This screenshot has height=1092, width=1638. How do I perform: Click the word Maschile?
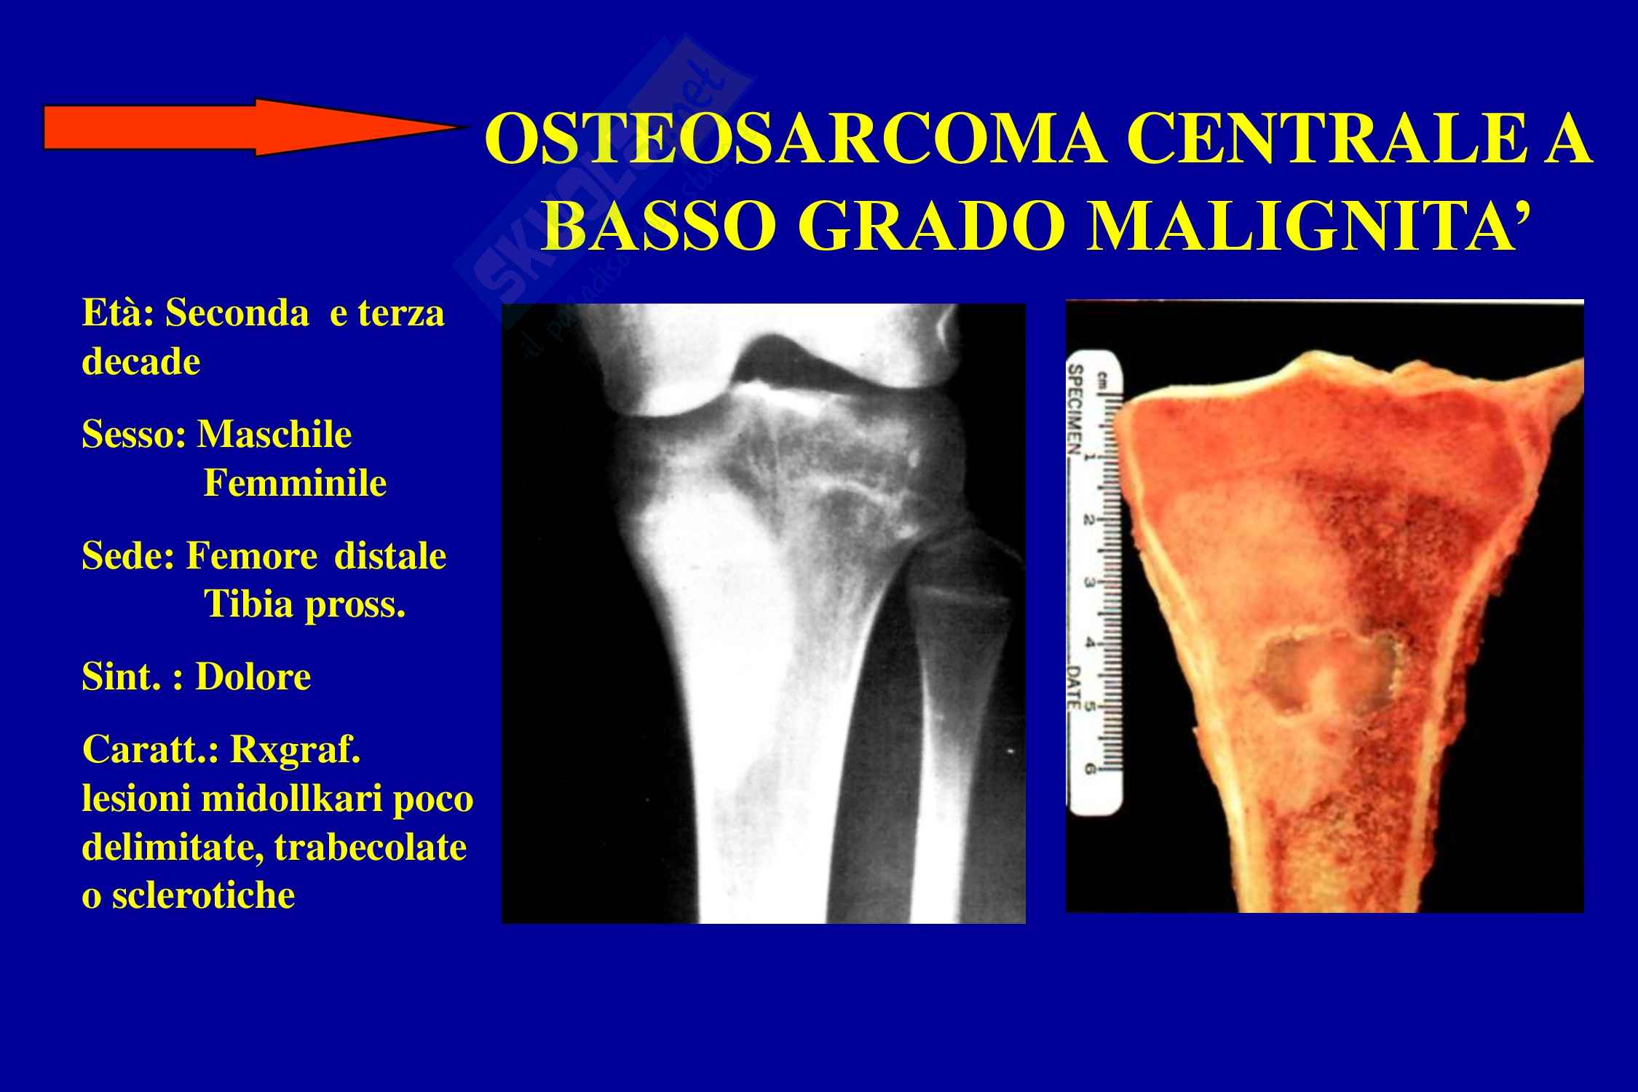coord(274,435)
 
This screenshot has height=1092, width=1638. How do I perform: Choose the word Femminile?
coord(295,483)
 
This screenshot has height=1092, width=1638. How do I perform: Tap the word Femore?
coord(252,557)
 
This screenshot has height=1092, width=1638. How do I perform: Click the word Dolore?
coord(253,677)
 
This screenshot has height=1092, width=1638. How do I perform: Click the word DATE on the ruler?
coord(1076,687)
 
